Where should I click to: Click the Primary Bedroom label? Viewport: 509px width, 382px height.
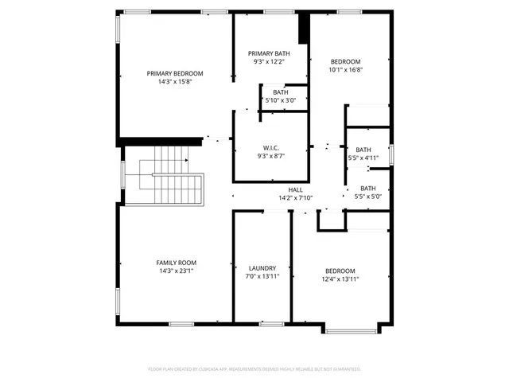point(175,73)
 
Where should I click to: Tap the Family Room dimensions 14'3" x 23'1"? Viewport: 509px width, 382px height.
point(177,271)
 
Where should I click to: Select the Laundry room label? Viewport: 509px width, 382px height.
point(262,268)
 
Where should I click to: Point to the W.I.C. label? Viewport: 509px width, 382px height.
point(270,148)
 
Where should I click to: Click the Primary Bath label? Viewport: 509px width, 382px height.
point(269,53)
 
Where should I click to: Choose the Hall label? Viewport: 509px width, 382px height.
point(295,189)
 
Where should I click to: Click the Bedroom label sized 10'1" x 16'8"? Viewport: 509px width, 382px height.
point(346,61)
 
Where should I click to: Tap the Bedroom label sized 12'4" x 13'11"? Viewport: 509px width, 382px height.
point(340,271)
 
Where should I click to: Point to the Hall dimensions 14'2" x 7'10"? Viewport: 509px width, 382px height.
point(296,198)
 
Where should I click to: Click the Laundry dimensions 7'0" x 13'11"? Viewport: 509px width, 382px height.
point(262,277)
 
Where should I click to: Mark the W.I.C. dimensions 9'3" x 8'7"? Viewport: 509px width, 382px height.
point(270,157)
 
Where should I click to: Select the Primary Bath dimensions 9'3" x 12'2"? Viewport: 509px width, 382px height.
point(269,61)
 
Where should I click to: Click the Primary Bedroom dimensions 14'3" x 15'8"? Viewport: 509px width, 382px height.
point(175,81)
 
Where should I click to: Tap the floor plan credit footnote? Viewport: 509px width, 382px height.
point(254,369)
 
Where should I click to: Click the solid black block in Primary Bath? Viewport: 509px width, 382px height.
point(303,29)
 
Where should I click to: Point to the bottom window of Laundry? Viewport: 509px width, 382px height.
point(273,323)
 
